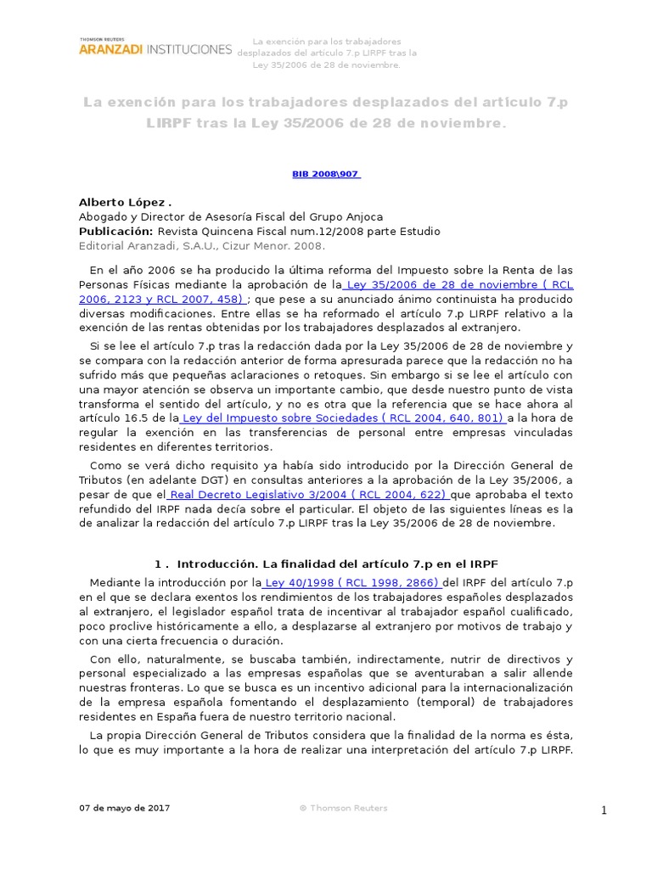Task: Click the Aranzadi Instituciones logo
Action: [x=155, y=49]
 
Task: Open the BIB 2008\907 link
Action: [x=326, y=173]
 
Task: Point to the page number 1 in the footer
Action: [x=604, y=810]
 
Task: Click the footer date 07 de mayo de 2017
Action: [x=124, y=808]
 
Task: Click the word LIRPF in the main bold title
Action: [x=173, y=123]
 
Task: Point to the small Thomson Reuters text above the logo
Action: [x=100, y=39]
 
